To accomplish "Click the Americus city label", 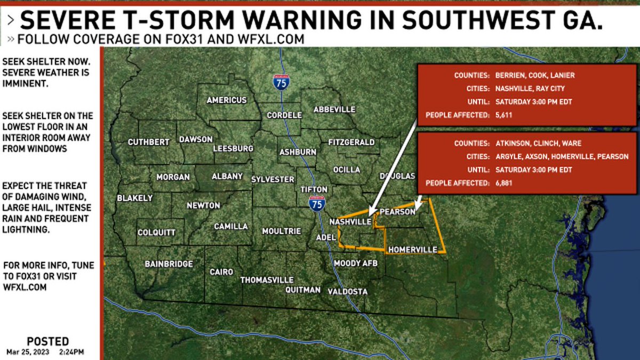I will pyautogui.click(x=227, y=100).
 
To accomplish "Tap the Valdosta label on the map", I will pyautogui.click(x=347, y=292).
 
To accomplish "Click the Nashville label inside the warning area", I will pyautogui.click(x=350, y=221).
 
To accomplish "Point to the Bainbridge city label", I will pyautogui.click(x=169, y=264).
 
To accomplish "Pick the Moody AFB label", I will pyautogui.click(x=355, y=263).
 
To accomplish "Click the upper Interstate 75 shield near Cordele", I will pyautogui.click(x=281, y=82).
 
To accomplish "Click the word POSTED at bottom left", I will pyautogui.click(x=47, y=341).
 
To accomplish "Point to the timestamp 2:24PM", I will pyautogui.click(x=71, y=352).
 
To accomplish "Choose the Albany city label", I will pyautogui.click(x=227, y=177).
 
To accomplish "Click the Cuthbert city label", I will pyautogui.click(x=148, y=142).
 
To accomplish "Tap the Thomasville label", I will pyautogui.click(x=267, y=280).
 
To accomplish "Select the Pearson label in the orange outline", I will pyautogui.click(x=397, y=212).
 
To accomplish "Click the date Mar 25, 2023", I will pyautogui.click(x=27, y=352).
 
